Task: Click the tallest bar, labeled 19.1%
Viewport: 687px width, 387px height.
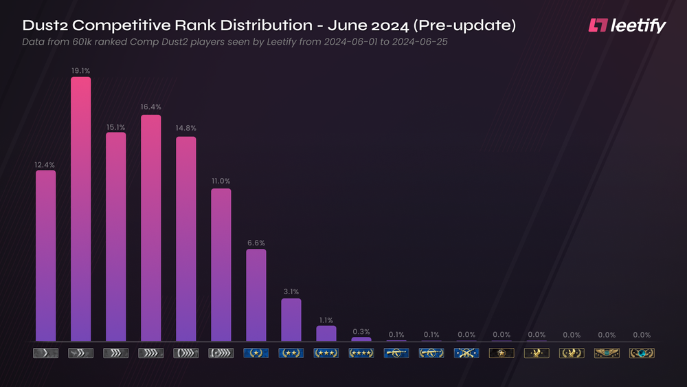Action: [81, 209]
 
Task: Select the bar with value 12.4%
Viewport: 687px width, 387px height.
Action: [46, 256]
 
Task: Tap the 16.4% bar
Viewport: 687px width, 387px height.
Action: [151, 228]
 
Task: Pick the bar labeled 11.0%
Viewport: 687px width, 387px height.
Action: [221, 265]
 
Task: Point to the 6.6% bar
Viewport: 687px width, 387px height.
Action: [256, 295]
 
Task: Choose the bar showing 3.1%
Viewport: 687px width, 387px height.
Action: [291, 320]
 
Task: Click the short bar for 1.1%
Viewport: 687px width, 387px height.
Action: [326, 333]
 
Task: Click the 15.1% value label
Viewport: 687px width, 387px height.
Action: [116, 127]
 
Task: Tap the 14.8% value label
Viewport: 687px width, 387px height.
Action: [186, 129]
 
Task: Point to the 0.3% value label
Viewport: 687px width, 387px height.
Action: [361, 331]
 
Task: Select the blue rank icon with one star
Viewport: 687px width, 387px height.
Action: [256, 353]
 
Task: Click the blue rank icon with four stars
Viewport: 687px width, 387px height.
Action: [361, 353]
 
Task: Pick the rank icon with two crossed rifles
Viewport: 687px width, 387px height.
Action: [466, 353]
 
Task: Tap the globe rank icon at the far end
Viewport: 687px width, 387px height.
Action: [642, 353]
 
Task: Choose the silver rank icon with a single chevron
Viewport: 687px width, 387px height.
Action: [46, 353]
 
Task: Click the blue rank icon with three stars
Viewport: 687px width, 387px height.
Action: [326, 353]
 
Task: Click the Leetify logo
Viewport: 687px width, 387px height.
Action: [627, 26]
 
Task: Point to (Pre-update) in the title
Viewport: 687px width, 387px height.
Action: [465, 26]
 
